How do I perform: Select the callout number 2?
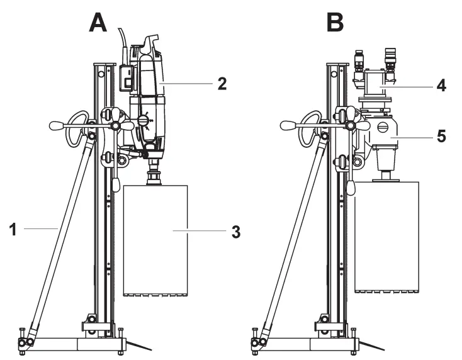point(221,84)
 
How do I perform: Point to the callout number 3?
point(235,231)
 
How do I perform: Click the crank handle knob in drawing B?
point(290,126)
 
